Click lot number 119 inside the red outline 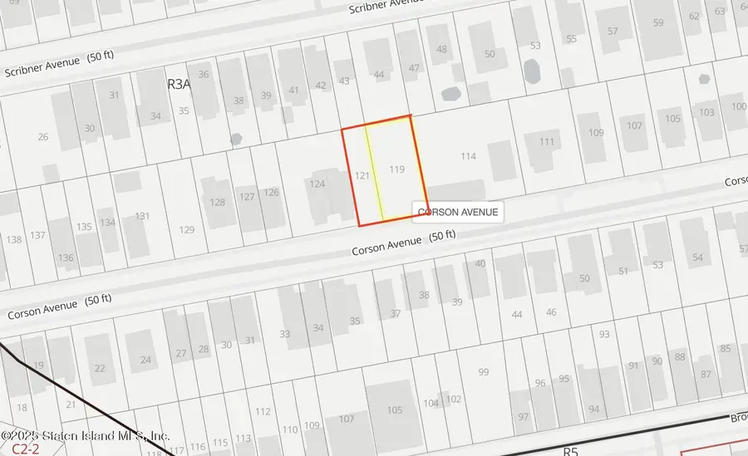click(396, 169)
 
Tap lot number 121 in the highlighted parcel click(362, 175)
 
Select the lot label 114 click(468, 156)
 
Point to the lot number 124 click(317, 184)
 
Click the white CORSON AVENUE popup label click(458, 212)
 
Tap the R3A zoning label click(180, 84)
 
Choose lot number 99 click(484, 371)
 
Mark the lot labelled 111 click(546, 141)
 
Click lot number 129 click(186, 230)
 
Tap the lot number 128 click(218, 202)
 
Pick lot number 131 click(142, 216)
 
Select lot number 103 click(706, 112)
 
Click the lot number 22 click(100, 368)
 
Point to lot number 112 click(263, 411)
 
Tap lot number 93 click(604, 334)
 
